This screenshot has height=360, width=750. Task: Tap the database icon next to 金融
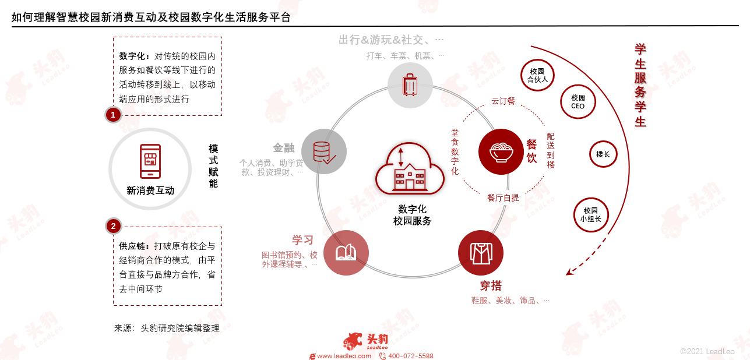[x=324, y=151]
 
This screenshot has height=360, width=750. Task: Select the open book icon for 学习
[x=346, y=253]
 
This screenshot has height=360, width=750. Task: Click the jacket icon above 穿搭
[x=481, y=253]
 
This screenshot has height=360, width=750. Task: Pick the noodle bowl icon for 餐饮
[x=501, y=151]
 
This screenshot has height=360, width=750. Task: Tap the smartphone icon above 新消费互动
[x=150, y=161]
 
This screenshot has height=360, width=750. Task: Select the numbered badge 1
[x=113, y=115]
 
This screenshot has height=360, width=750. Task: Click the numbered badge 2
[x=113, y=226]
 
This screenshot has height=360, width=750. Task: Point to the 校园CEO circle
[x=578, y=102]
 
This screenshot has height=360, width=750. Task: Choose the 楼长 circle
[x=603, y=154]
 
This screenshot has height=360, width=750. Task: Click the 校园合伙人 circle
[x=537, y=75]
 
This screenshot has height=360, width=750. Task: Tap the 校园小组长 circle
[x=590, y=214]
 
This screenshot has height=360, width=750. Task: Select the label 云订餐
[x=503, y=101]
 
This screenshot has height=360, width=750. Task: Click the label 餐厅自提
[x=503, y=197]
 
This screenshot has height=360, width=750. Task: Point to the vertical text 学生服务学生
[x=640, y=85]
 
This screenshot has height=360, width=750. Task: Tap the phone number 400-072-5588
[x=410, y=356]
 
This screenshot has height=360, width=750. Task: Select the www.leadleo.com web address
[x=344, y=356]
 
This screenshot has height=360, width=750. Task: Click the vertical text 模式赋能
[x=213, y=166]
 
